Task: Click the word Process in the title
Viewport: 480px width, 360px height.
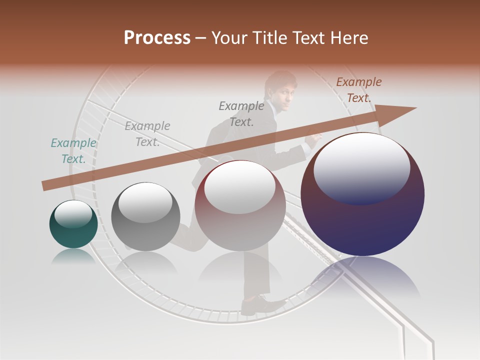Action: (x=157, y=38)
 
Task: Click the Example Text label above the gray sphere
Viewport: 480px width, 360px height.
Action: (x=147, y=134)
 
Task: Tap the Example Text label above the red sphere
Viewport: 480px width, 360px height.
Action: (x=241, y=113)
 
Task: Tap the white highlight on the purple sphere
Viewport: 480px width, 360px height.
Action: (x=361, y=167)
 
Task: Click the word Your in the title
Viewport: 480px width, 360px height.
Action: (x=229, y=38)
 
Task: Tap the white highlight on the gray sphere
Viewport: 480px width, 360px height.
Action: (x=145, y=202)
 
